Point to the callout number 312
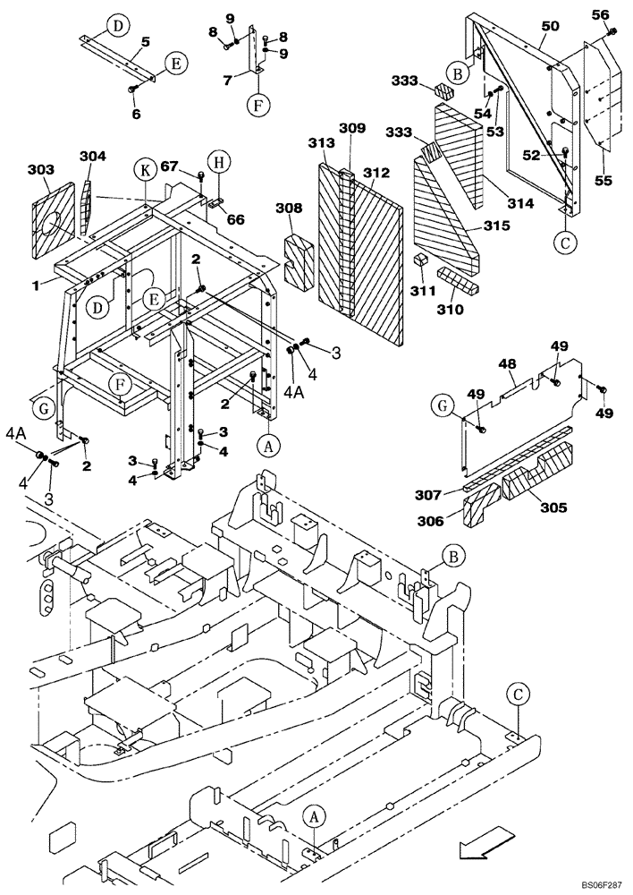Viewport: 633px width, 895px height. [x=376, y=173]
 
